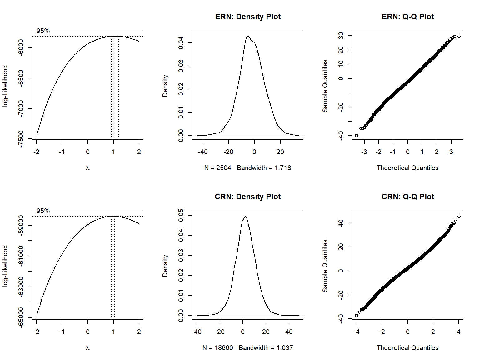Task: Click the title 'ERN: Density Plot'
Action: pos(247,17)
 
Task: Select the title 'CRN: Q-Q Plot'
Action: pos(407,197)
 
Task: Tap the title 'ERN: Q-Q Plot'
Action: pos(407,17)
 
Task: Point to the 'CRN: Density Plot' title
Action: pos(247,197)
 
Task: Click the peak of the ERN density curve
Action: pos(248,37)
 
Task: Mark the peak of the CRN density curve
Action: pos(246,216)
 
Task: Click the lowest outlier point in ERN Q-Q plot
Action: pos(357,136)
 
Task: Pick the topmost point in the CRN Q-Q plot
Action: pos(459,216)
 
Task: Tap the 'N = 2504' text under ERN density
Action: pos(218,168)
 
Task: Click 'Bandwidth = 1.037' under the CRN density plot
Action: pos(266,348)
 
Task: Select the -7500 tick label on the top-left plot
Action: pos(21,139)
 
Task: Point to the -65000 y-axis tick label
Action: pos(21,317)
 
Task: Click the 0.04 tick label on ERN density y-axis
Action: pos(181,43)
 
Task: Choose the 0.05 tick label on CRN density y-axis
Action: pos(181,215)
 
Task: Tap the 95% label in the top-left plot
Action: pos(43,31)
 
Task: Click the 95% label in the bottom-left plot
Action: pos(43,211)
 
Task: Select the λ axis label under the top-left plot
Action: pos(87,168)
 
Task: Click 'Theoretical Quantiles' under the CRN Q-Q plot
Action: pos(407,348)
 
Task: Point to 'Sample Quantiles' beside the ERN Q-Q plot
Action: pos(325,86)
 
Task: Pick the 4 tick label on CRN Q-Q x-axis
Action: pos(458,332)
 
